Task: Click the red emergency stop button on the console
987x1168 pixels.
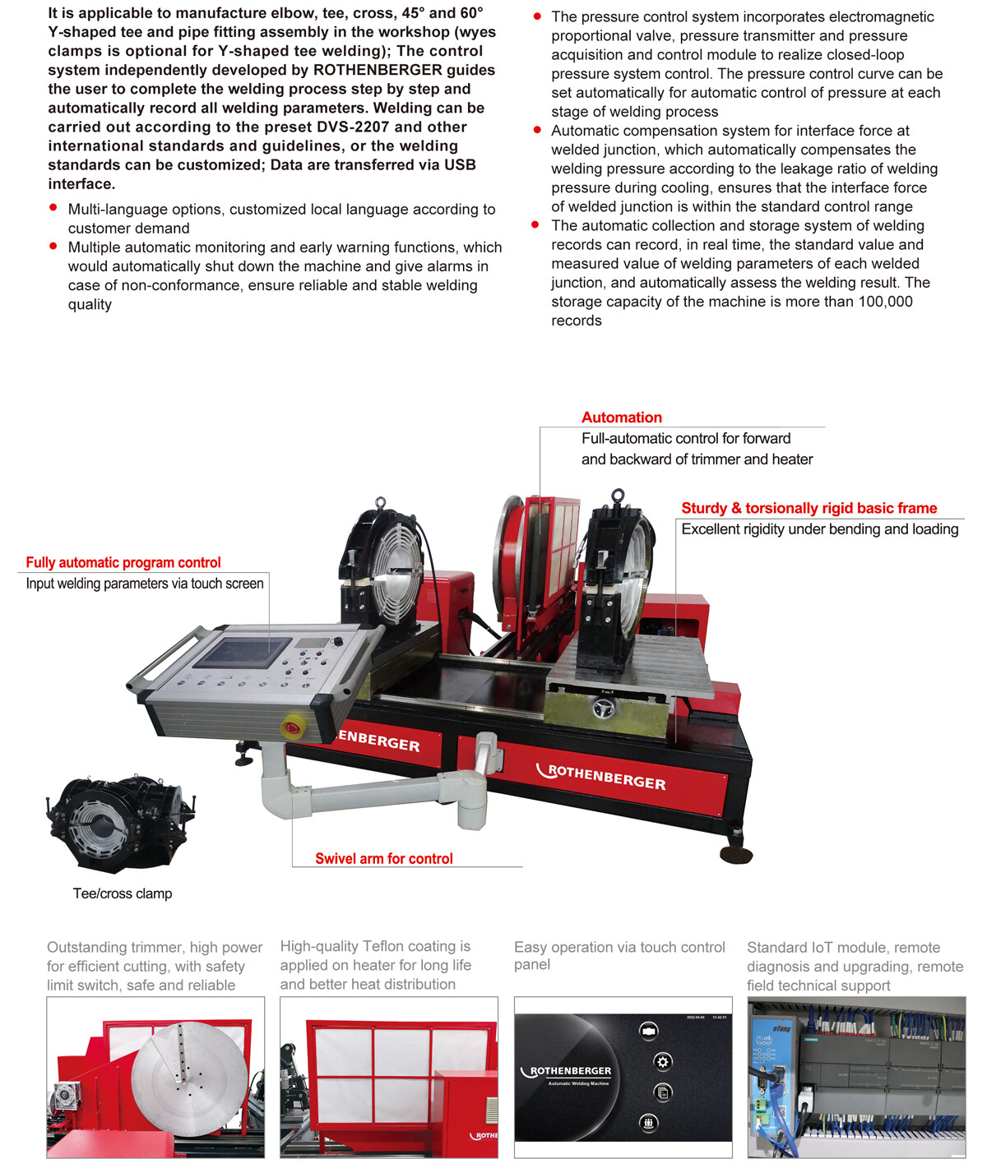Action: (x=292, y=727)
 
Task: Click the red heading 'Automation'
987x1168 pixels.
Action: (x=621, y=418)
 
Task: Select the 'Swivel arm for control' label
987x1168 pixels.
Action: (x=383, y=859)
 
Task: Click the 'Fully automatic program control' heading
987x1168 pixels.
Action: (x=123, y=563)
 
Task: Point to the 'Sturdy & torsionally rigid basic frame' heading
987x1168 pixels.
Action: (x=809, y=508)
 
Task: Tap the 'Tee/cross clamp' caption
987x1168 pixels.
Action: (x=123, y=893)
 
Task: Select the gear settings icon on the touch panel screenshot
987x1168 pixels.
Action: (x=662, y=1061)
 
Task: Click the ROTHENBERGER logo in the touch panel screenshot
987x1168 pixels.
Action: (x=571, y=1072)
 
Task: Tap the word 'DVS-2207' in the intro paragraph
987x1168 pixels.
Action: (x=351, y=127)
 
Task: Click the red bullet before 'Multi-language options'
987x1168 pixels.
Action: (x=53, y=209)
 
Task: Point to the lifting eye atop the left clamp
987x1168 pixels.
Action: (x=380, y=502)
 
